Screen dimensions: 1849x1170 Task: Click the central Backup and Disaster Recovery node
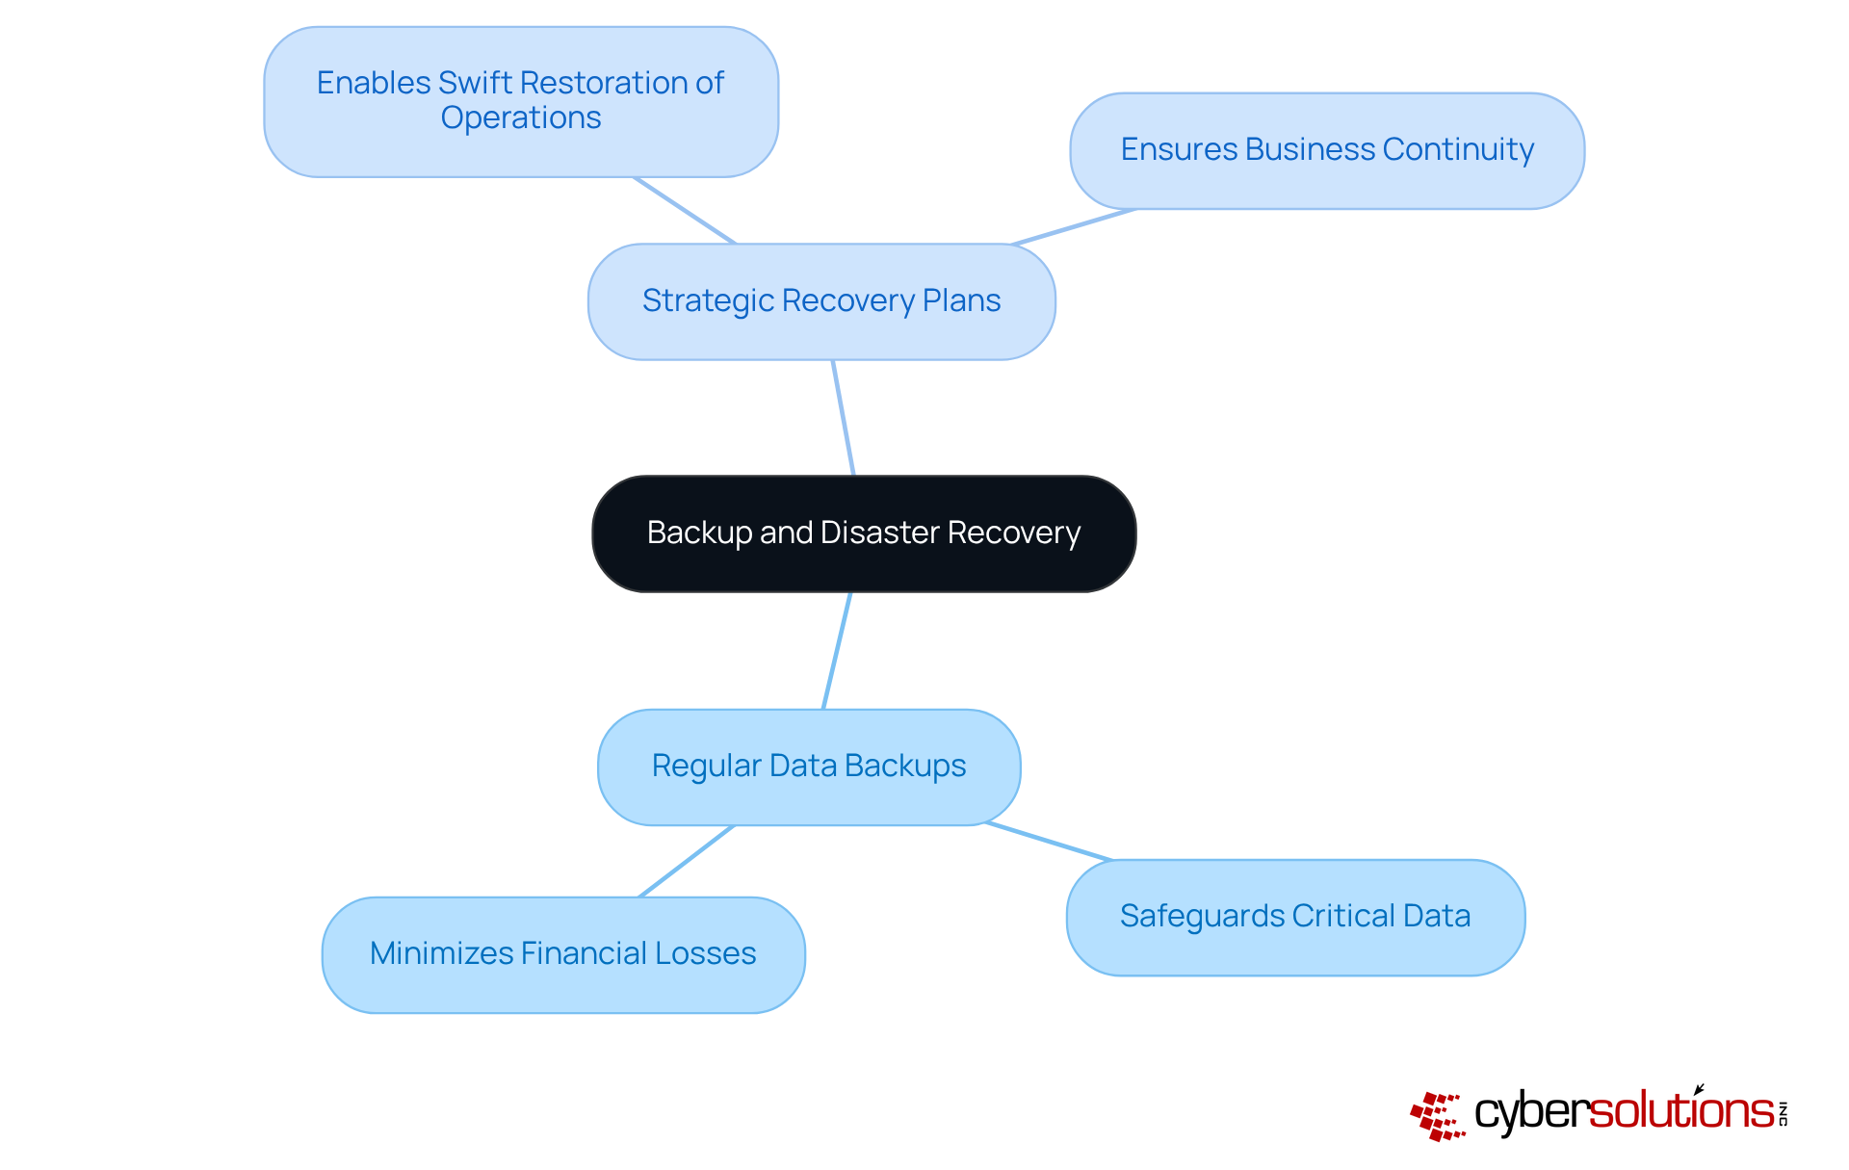coord(864,533)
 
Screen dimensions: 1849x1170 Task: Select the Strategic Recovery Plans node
coord(821,301)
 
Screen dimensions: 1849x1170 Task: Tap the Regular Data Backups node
coord(809,767)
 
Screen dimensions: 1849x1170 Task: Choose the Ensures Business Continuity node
coord(1327,150)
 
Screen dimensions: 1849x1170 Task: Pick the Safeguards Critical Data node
coord(1295,917)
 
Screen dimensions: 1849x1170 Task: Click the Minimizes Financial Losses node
coord(563,954)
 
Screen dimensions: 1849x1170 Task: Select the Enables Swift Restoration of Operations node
coord(521,101)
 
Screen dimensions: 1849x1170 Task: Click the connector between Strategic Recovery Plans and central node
coord(844,418)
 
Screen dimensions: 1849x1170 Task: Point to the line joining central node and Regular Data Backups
coord(837,651)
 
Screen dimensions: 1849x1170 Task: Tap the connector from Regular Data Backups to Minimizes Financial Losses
coord(687,861)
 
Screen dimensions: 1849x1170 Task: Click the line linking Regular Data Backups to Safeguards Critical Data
coord(1049,842)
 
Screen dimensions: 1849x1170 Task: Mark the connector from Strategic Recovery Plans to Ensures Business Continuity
coord(1074,226)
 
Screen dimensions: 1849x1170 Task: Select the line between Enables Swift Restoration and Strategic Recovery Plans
coord(685,210)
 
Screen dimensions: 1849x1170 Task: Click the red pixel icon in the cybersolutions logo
coord(1437,1116)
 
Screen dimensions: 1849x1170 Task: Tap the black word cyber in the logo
coord(1530,1112)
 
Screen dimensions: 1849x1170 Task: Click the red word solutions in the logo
coord(1680,1111)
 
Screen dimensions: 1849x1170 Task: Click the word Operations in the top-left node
coord(521,118)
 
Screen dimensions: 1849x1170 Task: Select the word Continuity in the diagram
coord(1458,150)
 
